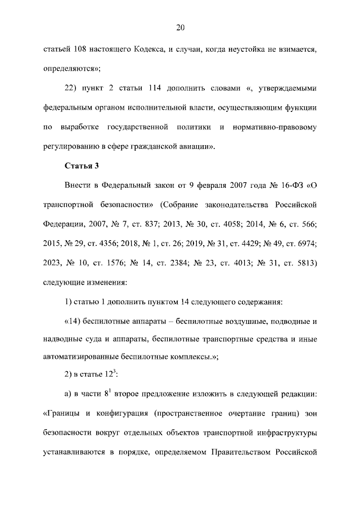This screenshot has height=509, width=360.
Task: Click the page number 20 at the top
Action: (x=180, y=27)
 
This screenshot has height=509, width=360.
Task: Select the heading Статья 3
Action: (x=82, y=166)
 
